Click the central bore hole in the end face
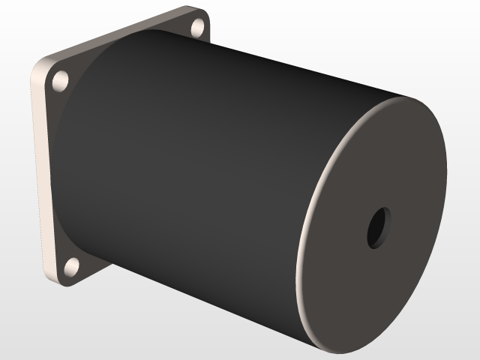point(379,228)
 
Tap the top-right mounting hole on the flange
point(199,28)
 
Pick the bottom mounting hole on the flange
point(72,266)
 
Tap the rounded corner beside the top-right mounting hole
point(205,15)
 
